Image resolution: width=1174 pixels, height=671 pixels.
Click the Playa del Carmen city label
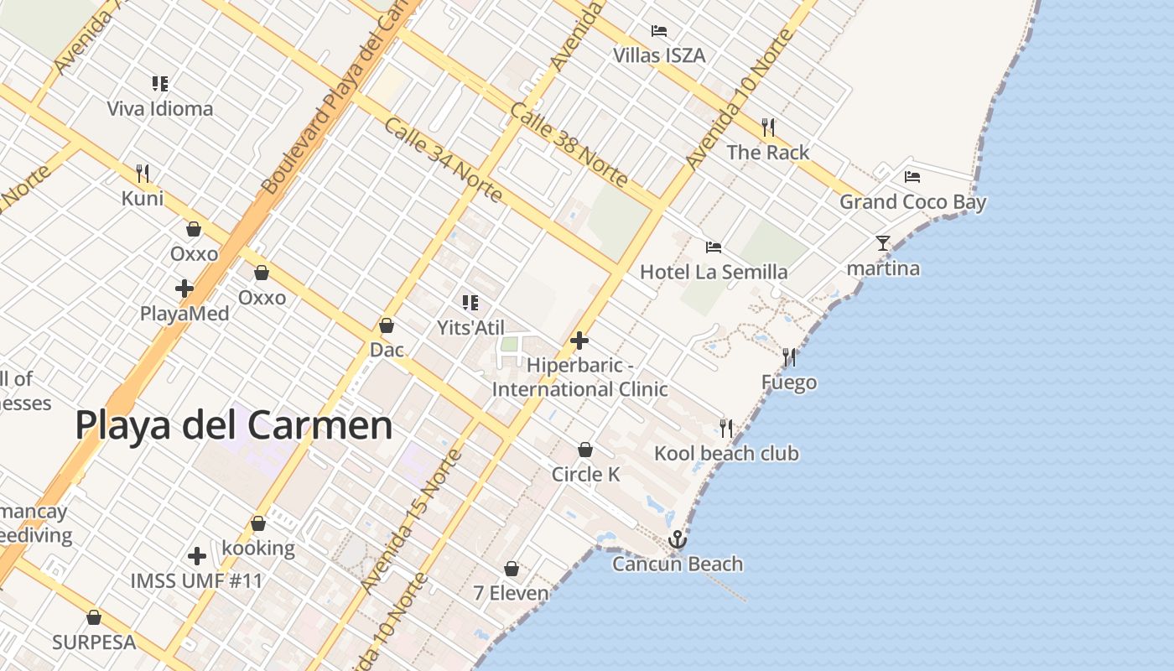point(234,425)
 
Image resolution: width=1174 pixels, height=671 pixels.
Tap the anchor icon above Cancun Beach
point(678,539)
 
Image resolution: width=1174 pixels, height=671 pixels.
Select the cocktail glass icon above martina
point(883,243)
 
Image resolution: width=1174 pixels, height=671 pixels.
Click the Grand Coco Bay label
point(913,202)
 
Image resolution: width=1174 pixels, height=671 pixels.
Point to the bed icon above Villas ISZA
point(659,31)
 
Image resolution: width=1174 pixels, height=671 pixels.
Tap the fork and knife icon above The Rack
point(768,127)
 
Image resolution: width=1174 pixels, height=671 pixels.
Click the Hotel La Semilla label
point(714,272)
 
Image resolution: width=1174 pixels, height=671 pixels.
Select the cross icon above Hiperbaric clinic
point(579,341)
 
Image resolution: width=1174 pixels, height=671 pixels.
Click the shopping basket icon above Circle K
point(585,450)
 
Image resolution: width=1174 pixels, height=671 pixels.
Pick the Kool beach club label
point(726,454)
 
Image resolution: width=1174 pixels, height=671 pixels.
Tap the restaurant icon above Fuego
point(789,357)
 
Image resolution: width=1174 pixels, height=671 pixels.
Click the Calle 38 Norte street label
point(569,144)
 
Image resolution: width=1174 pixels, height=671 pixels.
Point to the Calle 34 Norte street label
point(444,159)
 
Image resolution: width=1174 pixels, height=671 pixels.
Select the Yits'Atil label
point(470,327)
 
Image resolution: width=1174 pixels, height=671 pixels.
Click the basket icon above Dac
point(387,325)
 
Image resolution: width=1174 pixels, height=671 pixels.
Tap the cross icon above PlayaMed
point(184,289)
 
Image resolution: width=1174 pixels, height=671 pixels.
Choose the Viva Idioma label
point(160,109)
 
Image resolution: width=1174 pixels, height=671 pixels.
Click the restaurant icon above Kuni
point(143,174)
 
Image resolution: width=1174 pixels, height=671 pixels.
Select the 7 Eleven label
point(511,593)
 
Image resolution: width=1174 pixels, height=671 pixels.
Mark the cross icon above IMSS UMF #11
point(197,556)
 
